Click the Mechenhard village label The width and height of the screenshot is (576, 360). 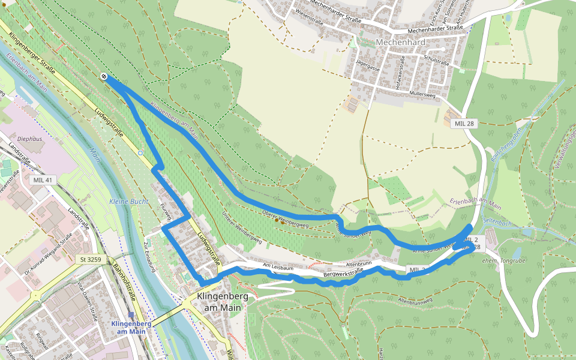point(400,43)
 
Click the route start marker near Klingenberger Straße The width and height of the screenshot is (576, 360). point(104,76)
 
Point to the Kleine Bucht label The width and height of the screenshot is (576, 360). point(128,202)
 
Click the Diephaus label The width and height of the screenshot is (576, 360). point(29,139)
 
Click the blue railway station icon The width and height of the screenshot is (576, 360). point(131,314)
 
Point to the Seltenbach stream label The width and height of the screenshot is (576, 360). point(497,222)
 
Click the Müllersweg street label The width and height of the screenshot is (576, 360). point(422,94)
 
